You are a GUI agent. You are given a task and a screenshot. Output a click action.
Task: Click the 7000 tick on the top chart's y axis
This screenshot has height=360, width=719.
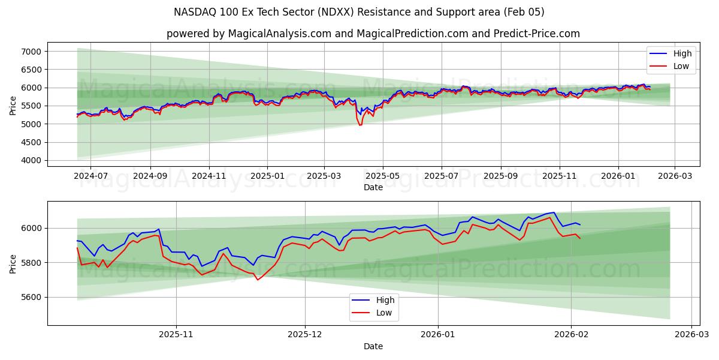pos(31,52)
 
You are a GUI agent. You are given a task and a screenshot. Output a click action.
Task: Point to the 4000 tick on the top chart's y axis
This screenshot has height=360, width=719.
pos(31,160)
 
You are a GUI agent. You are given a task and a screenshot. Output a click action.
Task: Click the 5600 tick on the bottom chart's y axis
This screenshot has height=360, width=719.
pos(31,297)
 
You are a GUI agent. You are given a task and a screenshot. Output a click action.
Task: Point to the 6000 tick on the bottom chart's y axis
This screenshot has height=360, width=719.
pos(31,228)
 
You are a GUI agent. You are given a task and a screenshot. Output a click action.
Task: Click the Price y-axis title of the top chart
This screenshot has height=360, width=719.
pos(13,106)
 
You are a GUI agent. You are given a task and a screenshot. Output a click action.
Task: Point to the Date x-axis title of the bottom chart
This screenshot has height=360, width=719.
pos(373,346)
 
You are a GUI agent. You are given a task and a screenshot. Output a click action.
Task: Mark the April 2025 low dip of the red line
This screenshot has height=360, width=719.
pos(360,125)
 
